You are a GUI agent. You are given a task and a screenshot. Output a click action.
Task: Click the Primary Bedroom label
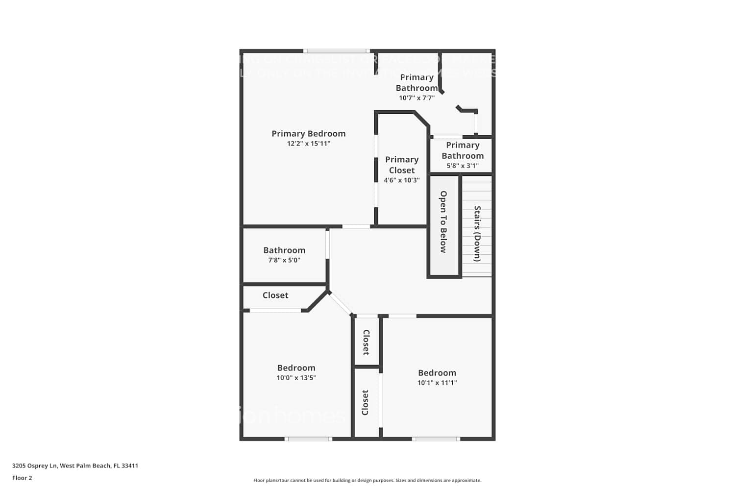[308, 134]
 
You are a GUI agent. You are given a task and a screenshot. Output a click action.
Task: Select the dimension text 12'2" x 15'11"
[308, 144]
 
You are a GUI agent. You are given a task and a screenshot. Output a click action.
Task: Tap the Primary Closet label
[401, 165]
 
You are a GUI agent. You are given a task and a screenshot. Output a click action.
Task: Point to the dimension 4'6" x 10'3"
[401, 180]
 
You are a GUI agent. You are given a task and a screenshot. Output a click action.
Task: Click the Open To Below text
[443, 221]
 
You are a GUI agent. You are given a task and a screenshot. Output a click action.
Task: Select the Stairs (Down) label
[477, 234]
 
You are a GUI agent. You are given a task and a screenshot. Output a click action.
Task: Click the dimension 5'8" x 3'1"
[462, 166]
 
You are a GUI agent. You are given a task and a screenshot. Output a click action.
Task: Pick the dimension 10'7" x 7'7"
[416, 98]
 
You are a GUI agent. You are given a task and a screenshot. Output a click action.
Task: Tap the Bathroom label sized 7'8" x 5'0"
[284, 250]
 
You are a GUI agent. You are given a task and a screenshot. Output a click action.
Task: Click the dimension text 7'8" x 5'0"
[284, 261]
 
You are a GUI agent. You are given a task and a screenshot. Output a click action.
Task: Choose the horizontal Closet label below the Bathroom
[275, 295]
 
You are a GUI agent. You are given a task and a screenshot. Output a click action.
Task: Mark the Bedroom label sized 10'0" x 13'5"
[296, 368]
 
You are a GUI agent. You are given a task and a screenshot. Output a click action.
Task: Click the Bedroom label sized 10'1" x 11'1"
[437, 373]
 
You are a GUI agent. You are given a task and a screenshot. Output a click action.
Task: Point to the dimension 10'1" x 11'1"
[437, 383]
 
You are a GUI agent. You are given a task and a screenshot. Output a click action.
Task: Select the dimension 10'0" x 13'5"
[296, 378]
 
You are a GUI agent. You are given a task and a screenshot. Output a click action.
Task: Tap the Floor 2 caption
[22, 478]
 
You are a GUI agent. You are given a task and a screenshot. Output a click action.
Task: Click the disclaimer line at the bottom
[367, 481]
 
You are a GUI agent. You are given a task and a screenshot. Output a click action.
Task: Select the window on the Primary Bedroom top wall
[336, 51]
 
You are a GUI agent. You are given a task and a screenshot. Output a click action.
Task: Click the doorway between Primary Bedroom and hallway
[356, 226]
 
